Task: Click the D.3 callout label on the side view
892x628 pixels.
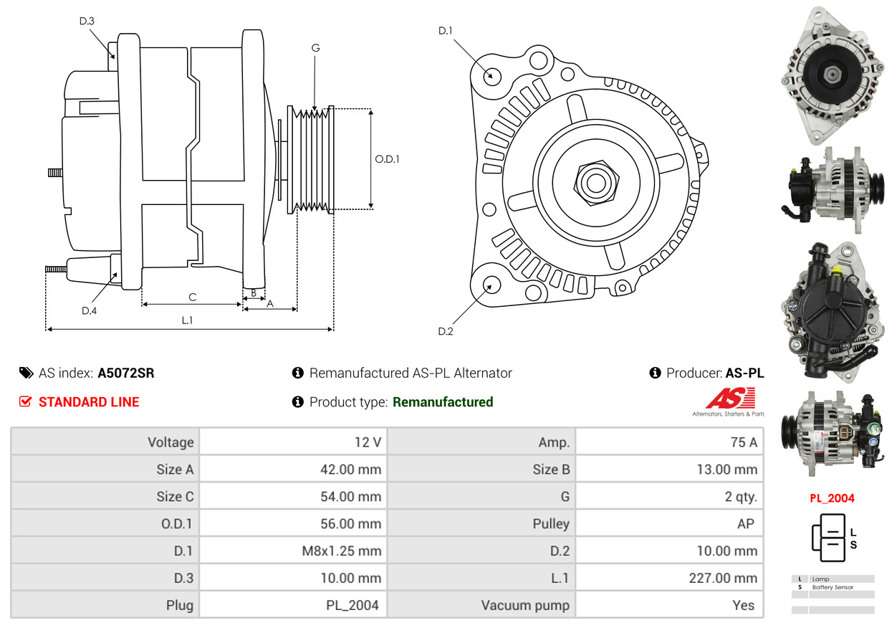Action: (87, 21)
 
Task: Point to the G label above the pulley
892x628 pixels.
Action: (315, 48)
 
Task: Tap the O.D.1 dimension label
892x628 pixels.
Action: (387, 159)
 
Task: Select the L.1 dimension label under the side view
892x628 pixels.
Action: (187, 320)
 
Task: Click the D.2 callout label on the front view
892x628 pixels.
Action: (445, 331)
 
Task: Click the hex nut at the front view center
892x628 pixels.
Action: (596, 184)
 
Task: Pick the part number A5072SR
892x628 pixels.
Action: (126, 373)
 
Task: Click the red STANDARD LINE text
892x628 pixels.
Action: (89, 402)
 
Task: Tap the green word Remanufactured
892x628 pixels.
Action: (443, 402)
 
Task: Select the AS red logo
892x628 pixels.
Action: (731, 398)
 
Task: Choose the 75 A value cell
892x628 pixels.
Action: (669, 442)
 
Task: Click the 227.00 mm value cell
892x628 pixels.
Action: (669, 578)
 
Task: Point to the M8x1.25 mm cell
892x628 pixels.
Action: (293, 551)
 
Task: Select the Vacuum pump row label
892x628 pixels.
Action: (525, 605)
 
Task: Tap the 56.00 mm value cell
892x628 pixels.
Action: (293, 523)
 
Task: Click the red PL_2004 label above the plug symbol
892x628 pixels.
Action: (832, 498)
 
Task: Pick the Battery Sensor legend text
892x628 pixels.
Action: (833, 587)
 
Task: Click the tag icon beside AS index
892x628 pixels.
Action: (27, 373)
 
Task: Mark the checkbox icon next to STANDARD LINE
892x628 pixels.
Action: (25, 401)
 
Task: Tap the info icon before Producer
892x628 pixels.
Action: (655, 373)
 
